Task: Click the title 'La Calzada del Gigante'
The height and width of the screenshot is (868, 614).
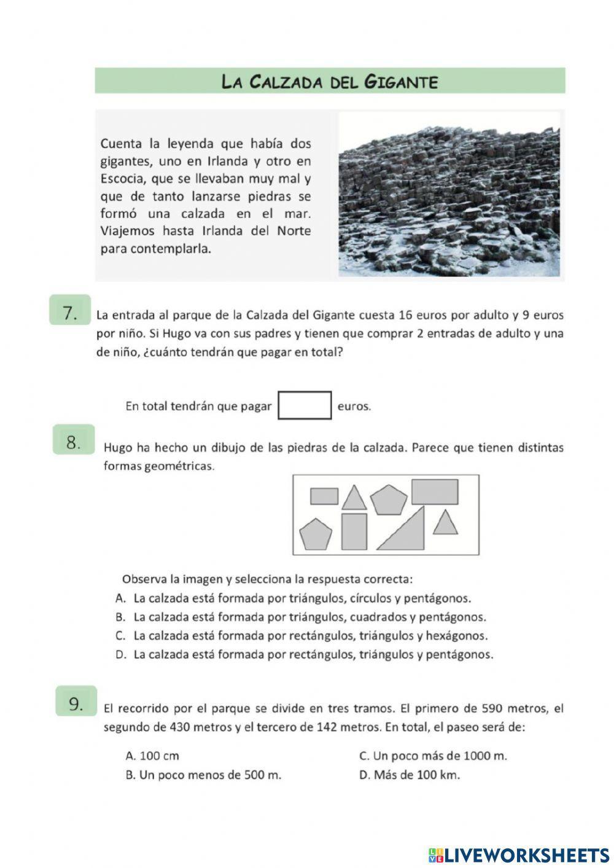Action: coord(330,81)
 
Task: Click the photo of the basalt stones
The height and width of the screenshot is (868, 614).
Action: coord(449,195)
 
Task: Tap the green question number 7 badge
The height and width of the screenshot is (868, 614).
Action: coord(70,312)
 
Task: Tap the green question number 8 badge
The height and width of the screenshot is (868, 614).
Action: coord(74,442)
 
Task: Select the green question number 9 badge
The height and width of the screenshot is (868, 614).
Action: coord(76,703)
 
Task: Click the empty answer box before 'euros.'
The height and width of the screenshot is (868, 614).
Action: coord(305,406)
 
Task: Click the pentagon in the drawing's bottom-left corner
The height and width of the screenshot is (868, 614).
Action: coord(316,534)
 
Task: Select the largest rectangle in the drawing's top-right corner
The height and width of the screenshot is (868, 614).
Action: coord(435,491)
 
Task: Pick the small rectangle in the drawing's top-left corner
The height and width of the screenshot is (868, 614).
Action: coord(324,496)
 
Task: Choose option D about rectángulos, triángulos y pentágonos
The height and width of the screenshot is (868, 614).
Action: coord(304,654)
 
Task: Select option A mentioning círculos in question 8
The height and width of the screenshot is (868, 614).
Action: coord(293,598)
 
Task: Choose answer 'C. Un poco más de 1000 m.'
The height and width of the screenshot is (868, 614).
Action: coord(433,756)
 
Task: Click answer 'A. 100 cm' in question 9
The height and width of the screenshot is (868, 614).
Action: coord(152,756)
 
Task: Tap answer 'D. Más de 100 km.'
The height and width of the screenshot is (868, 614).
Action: coord(409,775)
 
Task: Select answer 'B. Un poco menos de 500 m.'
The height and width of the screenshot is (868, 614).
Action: coord(203,775)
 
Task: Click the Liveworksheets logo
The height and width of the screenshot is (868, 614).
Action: coord(518,854)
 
